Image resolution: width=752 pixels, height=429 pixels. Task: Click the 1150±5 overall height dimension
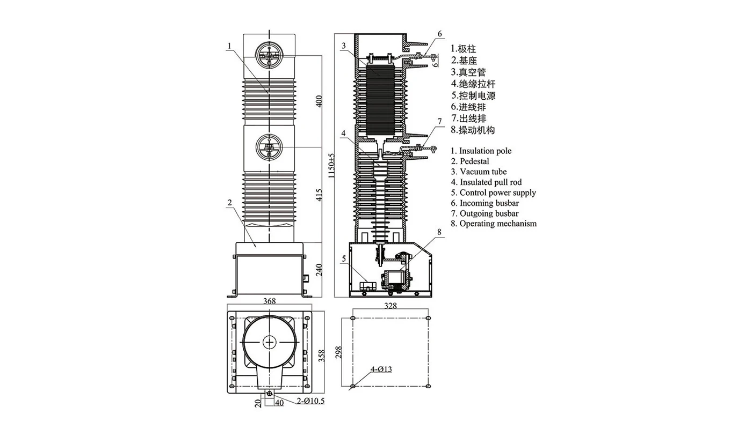331,165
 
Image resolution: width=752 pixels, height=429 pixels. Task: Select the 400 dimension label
320,101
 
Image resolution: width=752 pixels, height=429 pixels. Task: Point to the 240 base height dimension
320,270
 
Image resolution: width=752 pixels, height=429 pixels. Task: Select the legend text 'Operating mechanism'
497,224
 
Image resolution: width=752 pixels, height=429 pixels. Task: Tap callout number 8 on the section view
439,232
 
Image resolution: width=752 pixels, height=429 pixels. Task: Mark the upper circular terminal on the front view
268,56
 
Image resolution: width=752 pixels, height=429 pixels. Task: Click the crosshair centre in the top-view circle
269,341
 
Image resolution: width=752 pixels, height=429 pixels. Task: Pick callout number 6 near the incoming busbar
439,34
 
